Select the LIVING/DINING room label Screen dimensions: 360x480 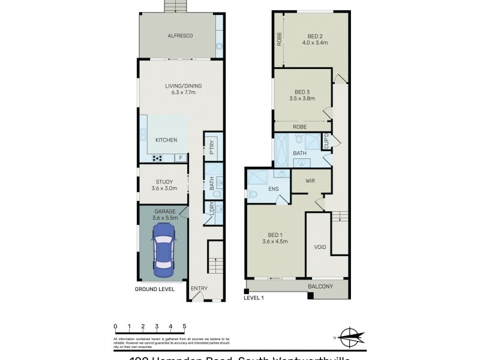coord(184,86)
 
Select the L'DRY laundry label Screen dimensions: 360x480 coord(212,209)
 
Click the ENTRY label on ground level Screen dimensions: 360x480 coord(199,289)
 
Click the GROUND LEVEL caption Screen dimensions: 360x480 coord(155,289)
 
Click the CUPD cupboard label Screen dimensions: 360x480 coord(326,142)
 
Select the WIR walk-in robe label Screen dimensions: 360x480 coord(311,179)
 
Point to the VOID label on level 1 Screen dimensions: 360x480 coord(320,247)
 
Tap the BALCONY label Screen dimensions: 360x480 coord(320,287)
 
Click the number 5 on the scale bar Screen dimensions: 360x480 coord(184,327)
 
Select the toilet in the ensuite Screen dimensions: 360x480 coord(254,194)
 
